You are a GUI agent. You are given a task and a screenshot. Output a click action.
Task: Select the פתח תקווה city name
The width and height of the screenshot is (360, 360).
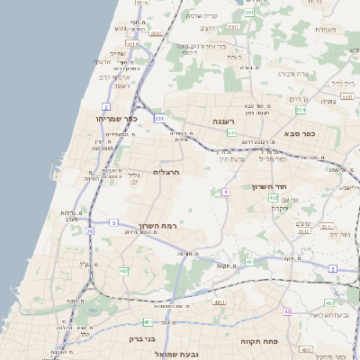261,342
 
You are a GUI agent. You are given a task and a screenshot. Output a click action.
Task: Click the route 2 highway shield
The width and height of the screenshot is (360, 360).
107,107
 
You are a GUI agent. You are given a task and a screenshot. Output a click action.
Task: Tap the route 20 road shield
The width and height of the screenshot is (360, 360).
90,231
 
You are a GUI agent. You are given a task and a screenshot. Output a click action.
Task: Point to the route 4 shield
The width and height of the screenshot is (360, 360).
225,191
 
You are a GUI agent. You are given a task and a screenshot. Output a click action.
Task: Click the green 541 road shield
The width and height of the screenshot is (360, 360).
231,133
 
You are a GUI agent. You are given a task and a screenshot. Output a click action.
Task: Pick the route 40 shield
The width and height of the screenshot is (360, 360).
287,311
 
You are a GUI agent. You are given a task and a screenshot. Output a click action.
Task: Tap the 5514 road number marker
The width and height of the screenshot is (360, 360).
132,42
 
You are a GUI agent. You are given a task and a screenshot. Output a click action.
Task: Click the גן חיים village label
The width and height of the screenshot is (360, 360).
298,97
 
